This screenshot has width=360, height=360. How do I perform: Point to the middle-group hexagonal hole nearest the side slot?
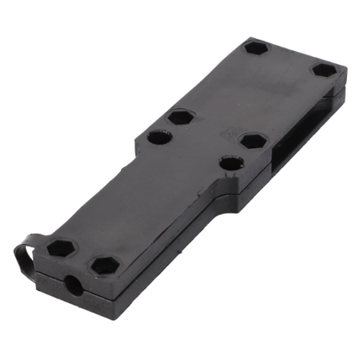pos(252,140)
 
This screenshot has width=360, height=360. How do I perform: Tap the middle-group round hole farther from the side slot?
pos(158,136)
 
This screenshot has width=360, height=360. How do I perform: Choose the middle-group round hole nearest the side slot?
pos(229,162)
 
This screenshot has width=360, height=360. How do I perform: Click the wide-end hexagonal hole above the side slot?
pos(323,70)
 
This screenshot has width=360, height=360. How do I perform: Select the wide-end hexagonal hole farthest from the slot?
pos(255,47)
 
